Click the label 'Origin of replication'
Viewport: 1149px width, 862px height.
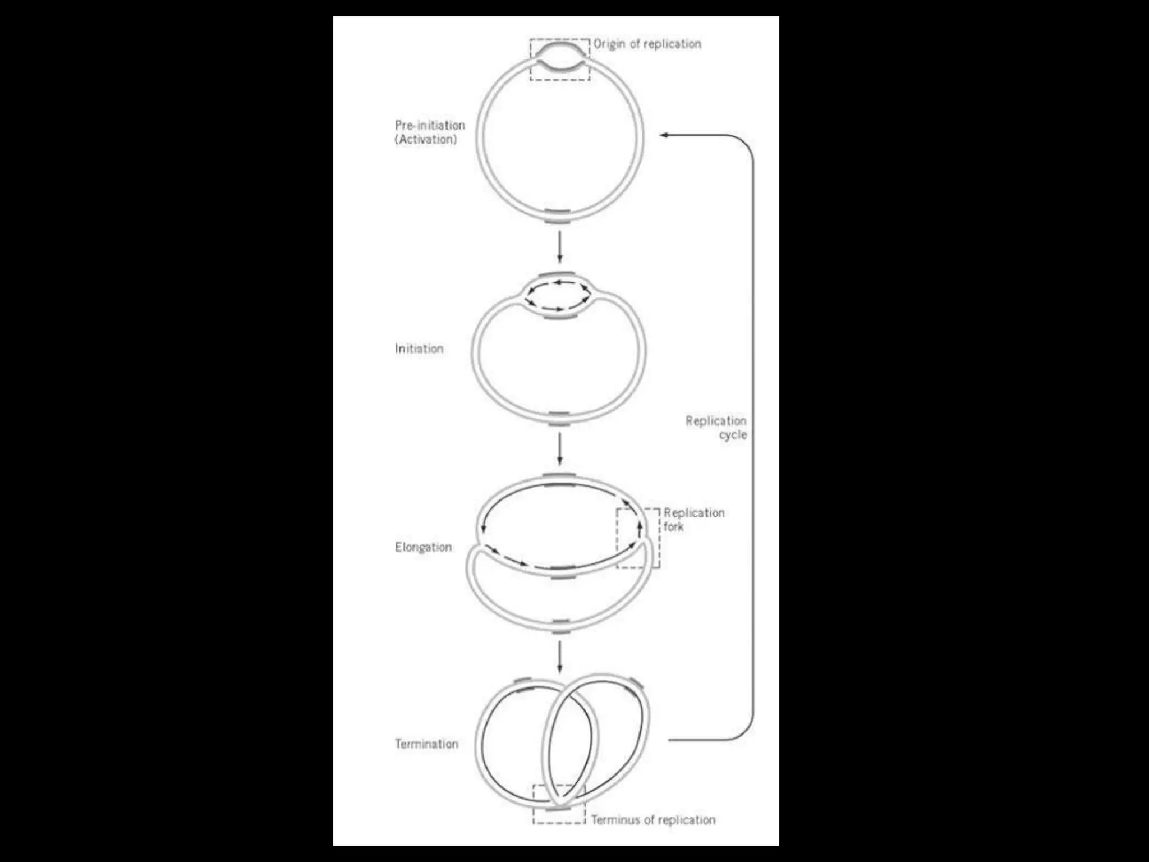coord(647,44)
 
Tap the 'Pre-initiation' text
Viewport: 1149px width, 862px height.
coord(430,125)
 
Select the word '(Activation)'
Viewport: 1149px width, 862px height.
coord(426,139)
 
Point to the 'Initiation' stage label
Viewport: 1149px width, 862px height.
coord(419,349)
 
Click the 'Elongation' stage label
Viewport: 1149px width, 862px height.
coord(423,547)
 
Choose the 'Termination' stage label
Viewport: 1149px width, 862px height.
coord(426,744)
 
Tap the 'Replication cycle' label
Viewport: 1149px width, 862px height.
coord(716,428)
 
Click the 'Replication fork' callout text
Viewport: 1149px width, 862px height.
coord(693,519)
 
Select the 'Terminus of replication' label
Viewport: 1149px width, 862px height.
coord(653,820)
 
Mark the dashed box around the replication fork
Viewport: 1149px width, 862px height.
coord(638,538)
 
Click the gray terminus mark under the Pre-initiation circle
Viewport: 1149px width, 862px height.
coord(558,216)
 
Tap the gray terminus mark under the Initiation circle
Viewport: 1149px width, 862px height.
coord(559,419)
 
